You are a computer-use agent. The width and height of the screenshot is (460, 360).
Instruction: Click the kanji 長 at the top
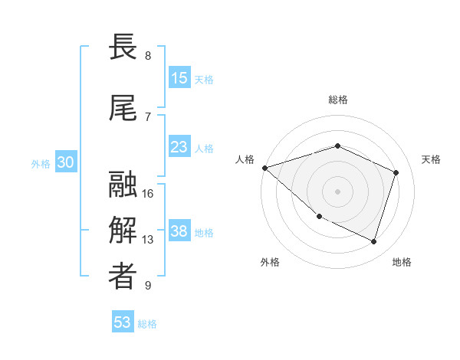pyautogui.click(x=123, y=47)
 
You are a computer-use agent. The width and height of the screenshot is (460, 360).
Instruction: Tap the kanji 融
pyautogui.click(x=123, y=185)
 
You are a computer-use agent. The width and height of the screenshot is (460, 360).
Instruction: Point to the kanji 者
pyautogui.click(x=123, y=277)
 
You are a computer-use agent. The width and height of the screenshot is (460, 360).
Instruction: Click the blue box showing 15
pyautogui.click(x=179, y=78)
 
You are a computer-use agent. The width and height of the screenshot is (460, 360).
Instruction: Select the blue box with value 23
pyautogui.click(x=179, y=147)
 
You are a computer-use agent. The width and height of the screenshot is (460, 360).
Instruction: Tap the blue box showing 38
pyautogui.click(x=179, y=231)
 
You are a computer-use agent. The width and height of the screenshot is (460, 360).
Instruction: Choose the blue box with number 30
pyautogui.click(x=65, y=162)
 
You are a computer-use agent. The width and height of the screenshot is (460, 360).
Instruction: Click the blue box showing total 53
pyautogui.click(x=123, y=322)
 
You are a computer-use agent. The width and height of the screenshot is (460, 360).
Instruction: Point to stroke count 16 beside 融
pyautogui.click(x=148, y=193)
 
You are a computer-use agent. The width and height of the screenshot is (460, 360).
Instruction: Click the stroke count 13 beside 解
pyautogui.click(x=148, y=240)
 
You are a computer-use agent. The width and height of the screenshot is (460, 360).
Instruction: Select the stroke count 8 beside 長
pyautogui.click(x=148, y=55)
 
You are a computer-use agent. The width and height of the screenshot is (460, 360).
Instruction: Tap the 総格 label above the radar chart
pyautogui.click(x=338, y=100)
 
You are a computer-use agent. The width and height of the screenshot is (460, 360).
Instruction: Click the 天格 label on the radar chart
pyautogui.click(x=432, y=159)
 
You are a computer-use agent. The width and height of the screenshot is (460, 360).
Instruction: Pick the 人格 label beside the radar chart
pyautogui.click(x=245, y=159)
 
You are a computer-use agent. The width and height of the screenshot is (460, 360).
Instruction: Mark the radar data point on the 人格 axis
pyautogui.click(x=264, y=168)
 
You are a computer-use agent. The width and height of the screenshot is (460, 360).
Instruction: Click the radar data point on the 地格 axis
pyautogui.click(x=374, y=242)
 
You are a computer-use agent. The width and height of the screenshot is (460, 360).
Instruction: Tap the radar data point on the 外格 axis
pyautogui.click(x=320, y=217)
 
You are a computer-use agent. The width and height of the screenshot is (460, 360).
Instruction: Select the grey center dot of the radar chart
pyautogui.click(x=338, y=191)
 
